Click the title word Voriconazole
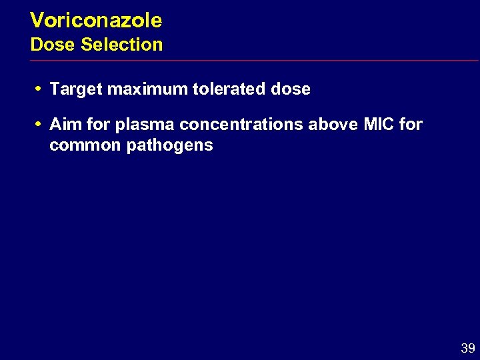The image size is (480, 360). [x=96, y=21]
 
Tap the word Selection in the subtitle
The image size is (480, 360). [x=121, y=45]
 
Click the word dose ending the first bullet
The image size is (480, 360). [x=291, y=89]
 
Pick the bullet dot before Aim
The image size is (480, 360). [x=40, y=124]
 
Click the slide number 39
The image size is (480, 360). [x=467, y=348]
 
